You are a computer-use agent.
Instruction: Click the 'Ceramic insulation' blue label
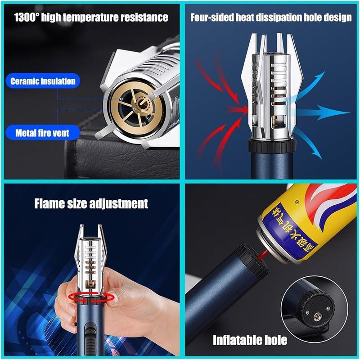[x=43, y=81]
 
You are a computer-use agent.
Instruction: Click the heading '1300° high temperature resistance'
[x=90, y=18]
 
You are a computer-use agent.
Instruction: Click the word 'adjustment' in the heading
[x=119, y=203]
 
